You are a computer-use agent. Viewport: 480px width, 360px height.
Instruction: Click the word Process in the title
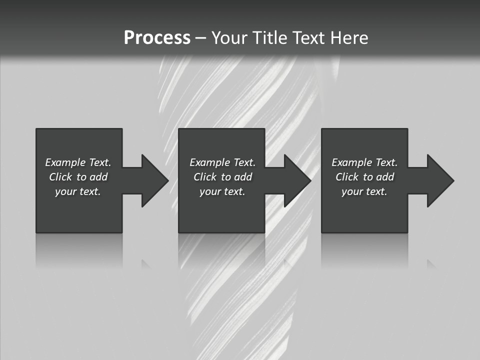157,38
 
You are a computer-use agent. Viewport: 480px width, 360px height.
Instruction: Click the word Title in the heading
269,38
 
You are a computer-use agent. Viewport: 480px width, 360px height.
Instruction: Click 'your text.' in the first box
78,191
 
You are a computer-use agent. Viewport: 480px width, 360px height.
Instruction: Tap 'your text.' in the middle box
222,191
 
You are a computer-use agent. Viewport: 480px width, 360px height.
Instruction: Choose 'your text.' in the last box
364,191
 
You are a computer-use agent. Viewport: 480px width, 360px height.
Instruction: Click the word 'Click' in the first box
60,177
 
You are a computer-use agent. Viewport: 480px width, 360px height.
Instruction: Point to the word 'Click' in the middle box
204,177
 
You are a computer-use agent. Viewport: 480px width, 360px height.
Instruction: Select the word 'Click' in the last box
346,177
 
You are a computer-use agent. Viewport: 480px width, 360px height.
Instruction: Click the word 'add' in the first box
99,177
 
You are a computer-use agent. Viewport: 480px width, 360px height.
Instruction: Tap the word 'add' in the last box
385,177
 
